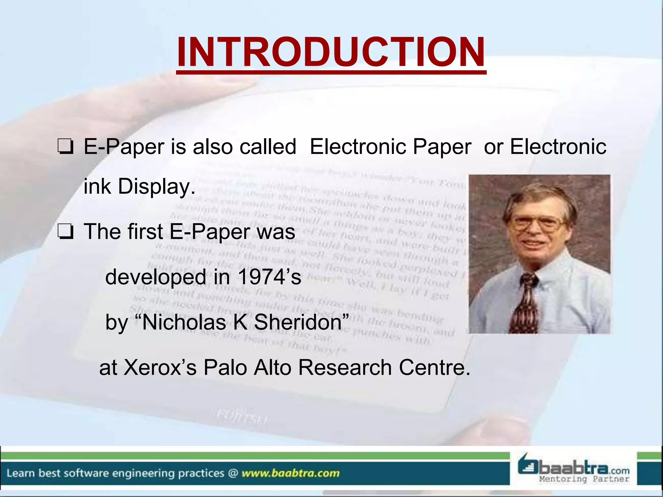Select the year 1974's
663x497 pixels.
pyautogui.click(x=269, y=277)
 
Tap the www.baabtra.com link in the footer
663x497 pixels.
pyautogui.click(x=290, y=473)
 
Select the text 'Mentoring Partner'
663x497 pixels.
pyautogui.click(x=584, y=479)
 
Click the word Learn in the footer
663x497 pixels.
pyautogui.click(x=20, y=473)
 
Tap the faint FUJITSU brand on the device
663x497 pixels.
pyautogui.click(x=241, y=417)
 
